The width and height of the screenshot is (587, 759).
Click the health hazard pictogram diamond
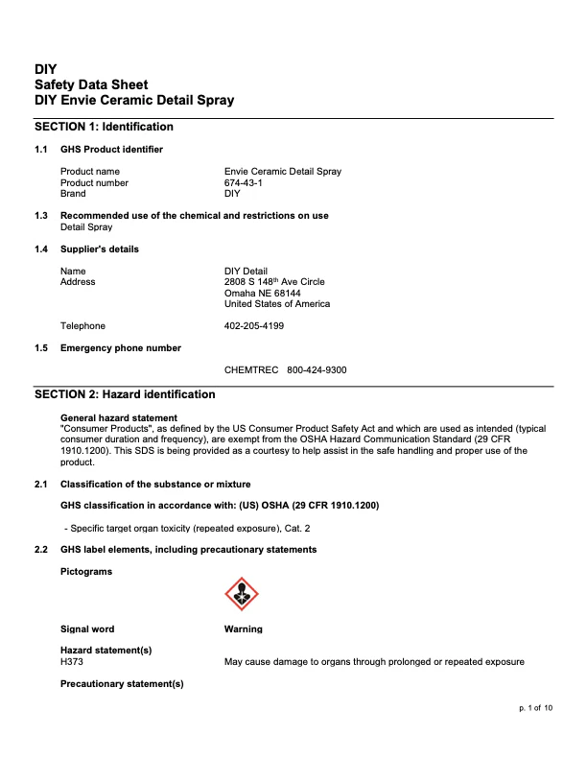pos(241,594)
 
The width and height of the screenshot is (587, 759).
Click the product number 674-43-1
pos(246,182)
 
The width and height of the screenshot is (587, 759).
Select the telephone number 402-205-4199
pos(254,325)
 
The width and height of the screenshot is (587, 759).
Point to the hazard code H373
pos(73,661)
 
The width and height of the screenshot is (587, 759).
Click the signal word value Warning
pos(243,629)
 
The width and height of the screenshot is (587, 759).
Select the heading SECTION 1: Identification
pos(104,127)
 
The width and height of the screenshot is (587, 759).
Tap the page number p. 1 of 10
pos(535,707)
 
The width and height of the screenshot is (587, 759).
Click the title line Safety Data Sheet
pos(91,85)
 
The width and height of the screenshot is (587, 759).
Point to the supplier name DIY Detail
pos(246,271)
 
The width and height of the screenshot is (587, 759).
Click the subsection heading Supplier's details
pos(100,249)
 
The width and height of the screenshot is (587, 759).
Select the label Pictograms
pos(86,572)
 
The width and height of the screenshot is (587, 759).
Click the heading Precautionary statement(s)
pos(122,683)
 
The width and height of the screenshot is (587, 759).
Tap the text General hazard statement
pos(119,417)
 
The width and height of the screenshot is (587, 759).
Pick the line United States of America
pos(277,303)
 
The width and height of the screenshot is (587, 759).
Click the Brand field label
pos(73,193)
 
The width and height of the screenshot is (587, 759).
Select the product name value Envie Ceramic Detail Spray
pos(282,172)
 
